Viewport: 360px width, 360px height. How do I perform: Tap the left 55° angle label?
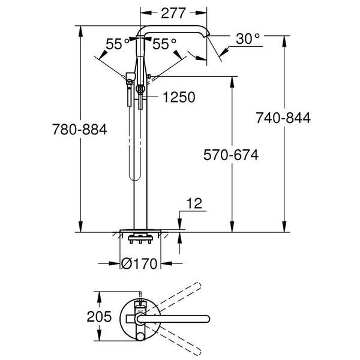tap(118, 44)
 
